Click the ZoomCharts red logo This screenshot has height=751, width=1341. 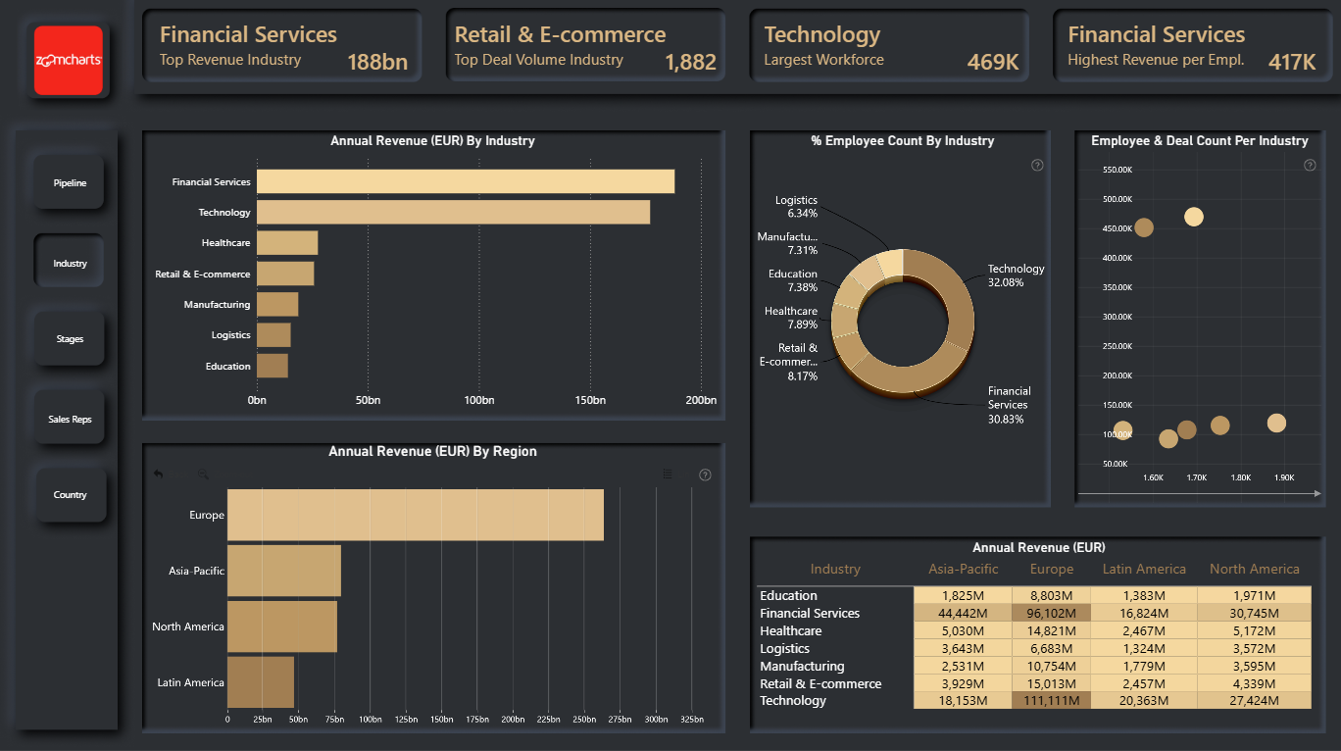click(x=69, y=60)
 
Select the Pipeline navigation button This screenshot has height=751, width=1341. click(x=70, y=182)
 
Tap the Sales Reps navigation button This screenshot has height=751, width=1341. click(x=70, y=420)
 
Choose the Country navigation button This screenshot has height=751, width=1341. click(x=70, y=495)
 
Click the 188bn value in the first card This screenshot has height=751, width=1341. click(x=377, y=62)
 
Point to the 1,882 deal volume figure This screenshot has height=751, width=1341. click(x=690, y=62)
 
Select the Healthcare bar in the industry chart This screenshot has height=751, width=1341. click(x=287, y=243)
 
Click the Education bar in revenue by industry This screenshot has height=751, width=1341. click(x=273, y=366)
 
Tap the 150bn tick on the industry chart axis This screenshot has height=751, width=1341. click(x=590, y=400)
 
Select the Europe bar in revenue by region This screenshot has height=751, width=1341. click(x=416, y=515)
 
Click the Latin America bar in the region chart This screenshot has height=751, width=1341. click(x=261, y=682)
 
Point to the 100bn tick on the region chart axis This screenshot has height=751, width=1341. click(x=370, y=720)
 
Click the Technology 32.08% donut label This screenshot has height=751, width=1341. click(x=1016, y=275)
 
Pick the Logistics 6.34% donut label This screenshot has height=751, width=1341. click(x=796, y=207)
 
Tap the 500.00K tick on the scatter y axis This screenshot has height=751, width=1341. click(x=1117, y=199)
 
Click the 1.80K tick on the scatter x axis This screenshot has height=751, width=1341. click(x=1240, y=477)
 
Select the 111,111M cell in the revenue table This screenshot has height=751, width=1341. click(x=1051, y=700)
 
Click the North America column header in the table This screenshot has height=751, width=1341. click(x=1254, y=569)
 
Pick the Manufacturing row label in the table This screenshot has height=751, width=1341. click(x=802, y=666)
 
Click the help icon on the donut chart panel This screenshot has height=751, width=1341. click(x=1037, y=166)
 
